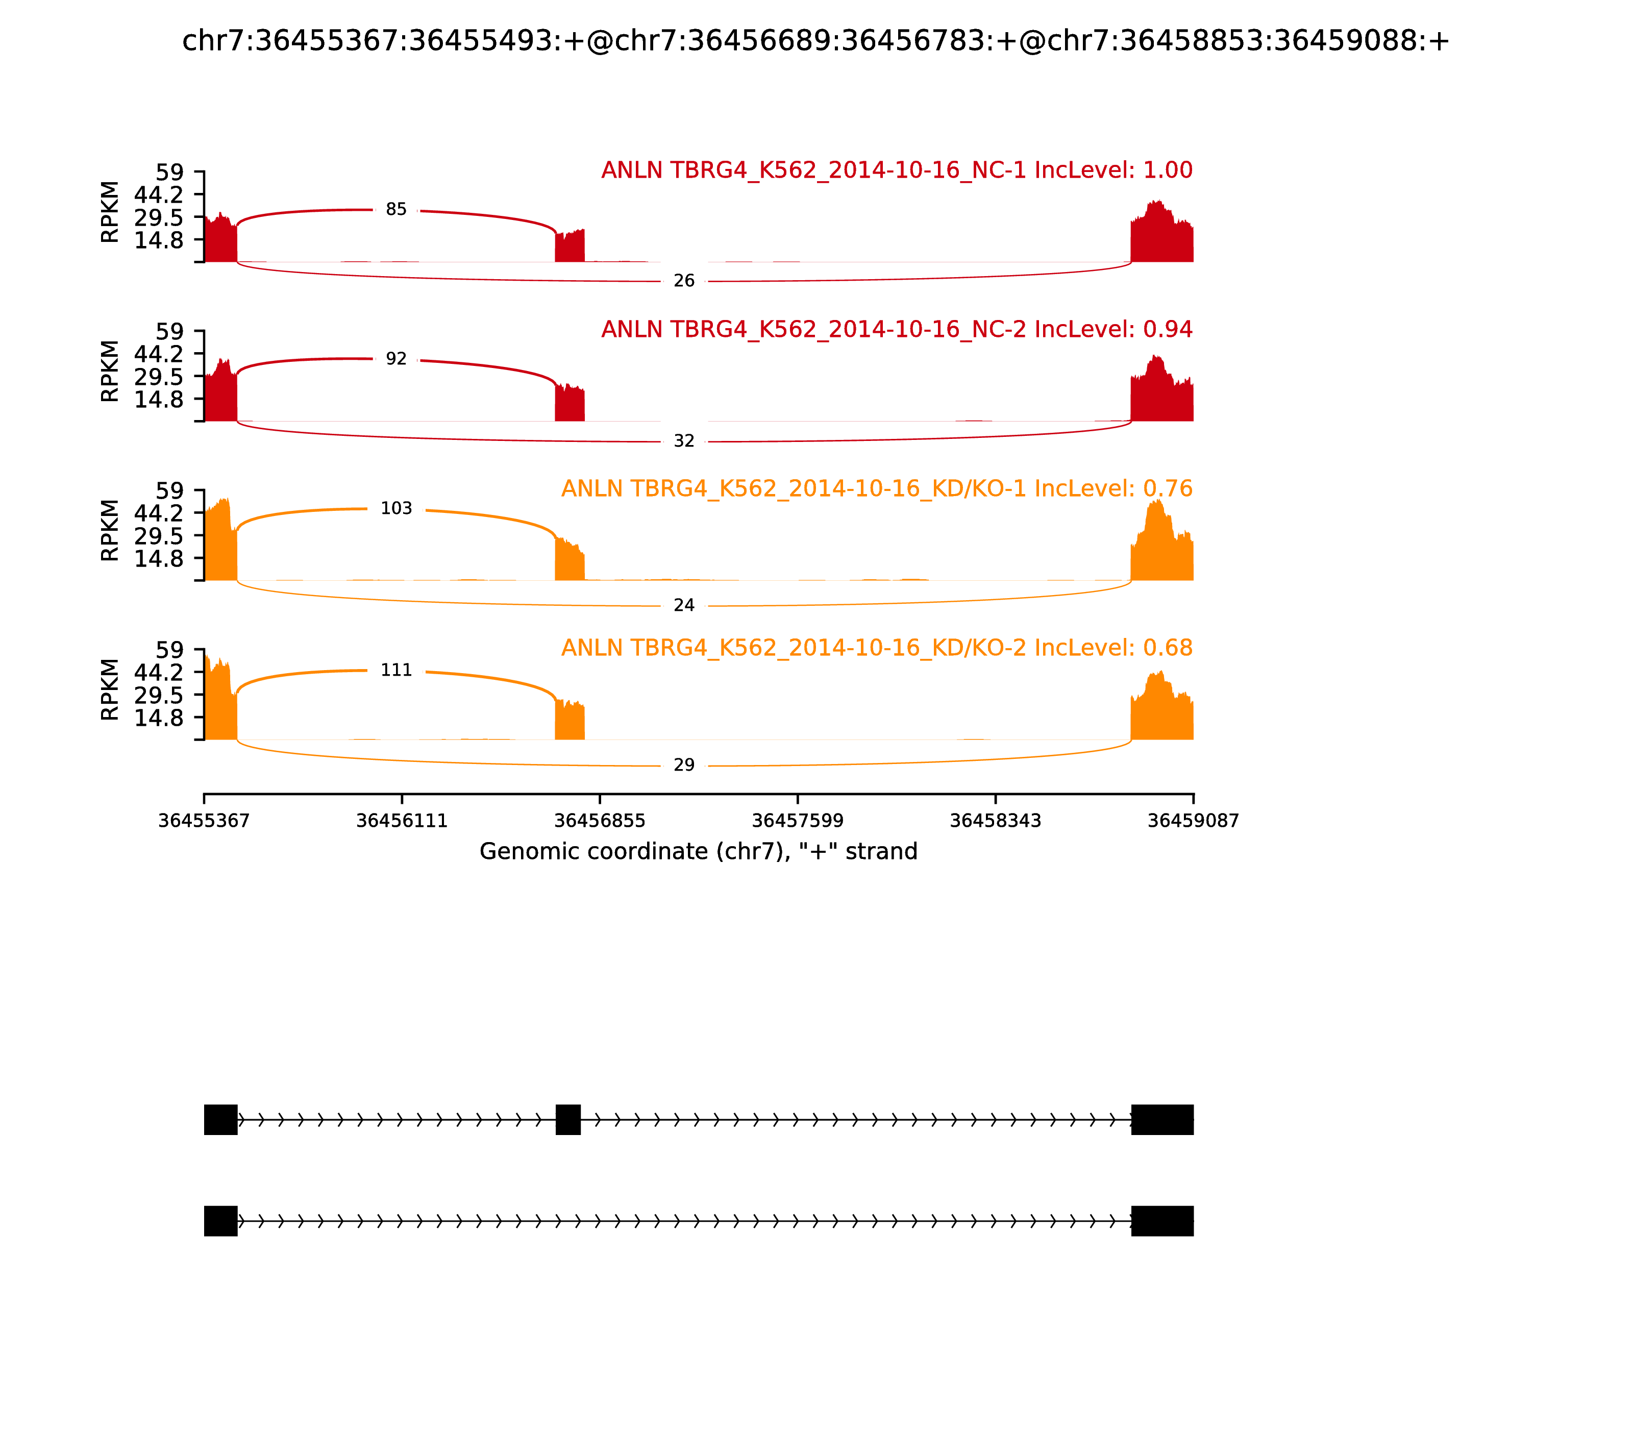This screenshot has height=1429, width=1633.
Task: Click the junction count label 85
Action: [x=397, y=210]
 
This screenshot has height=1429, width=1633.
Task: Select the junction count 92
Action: [x=397, y=360]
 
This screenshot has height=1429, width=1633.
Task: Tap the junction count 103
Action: [x=397, y=509]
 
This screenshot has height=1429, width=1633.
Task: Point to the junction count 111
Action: [x=397, y=671]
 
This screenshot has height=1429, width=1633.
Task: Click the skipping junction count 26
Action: [x=684, y=281]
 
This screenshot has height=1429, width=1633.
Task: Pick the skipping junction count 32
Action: [x=684, y=441]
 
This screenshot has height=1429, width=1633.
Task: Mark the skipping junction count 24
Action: [x=684, y=606]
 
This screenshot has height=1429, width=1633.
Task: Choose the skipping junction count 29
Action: [x=684, y=766]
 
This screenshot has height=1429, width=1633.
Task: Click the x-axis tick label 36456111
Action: [x=402, y=821]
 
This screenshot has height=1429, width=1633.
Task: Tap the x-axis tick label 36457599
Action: [x=797, y=821]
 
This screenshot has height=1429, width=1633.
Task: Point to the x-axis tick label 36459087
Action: [x=1193, y=821]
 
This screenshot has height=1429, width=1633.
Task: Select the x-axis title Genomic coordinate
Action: [x=699, y=852]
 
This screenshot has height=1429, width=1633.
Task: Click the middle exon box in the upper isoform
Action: [x=567, y=1120]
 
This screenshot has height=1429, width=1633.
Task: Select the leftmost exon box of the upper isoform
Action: [x=221, y=1120]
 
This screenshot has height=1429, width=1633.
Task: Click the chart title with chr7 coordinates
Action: [x=815, y=41]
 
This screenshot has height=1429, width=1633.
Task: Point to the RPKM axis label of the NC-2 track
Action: [x=110, y=372]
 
